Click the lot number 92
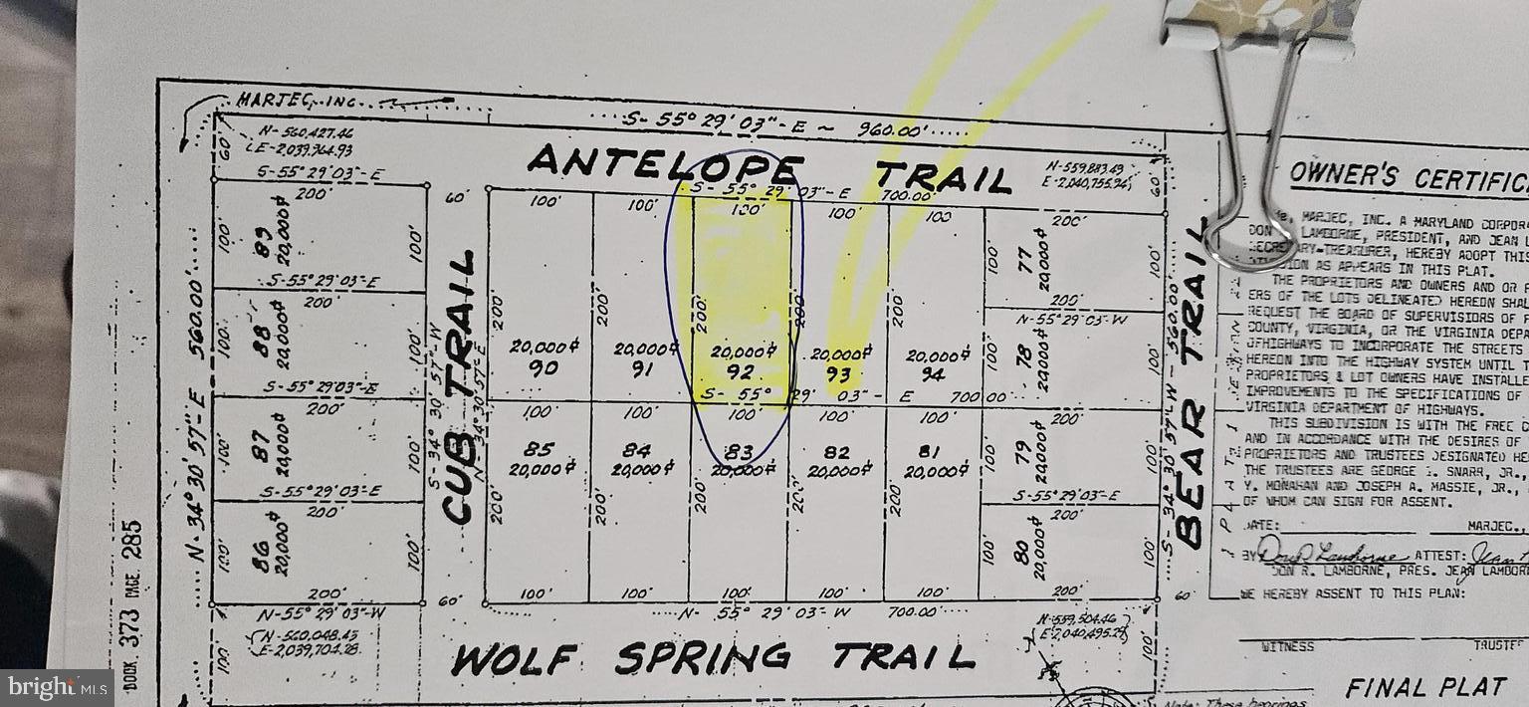(740, 373)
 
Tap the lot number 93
(837, 375)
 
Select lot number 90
(544, 367)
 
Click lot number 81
(934, 452)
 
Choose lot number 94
(934, 375)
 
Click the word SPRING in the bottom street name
(703, 657)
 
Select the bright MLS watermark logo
(56, 687)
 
